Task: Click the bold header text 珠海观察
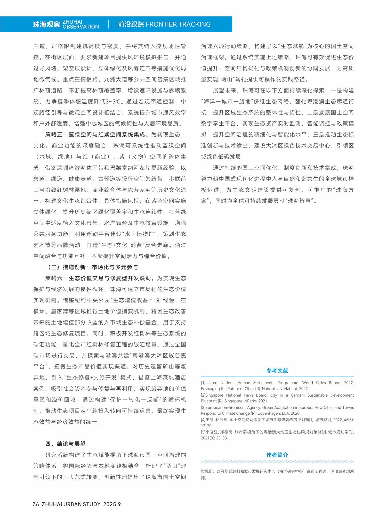point(46,24)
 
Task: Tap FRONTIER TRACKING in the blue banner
point(178,24)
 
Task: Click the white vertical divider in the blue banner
point(108,24)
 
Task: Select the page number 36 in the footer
point(36,504)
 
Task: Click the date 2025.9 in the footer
point(112,504)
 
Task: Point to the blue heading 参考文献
point(277,371)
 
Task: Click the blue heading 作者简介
point(277,455)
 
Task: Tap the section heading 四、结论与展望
point(65,444)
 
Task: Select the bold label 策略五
point(54,135)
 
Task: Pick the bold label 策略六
point(54,278)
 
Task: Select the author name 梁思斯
point(207,471)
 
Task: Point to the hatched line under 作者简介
point(277,462)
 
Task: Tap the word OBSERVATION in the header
point(81,27)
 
